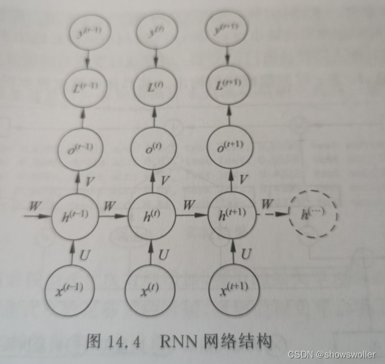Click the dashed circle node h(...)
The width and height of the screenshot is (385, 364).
pos(313,215)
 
